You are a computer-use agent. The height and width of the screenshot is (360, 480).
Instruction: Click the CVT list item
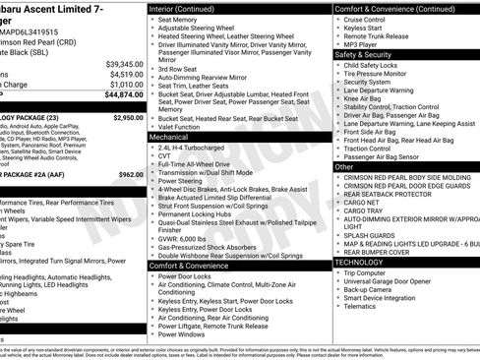pos(164,155)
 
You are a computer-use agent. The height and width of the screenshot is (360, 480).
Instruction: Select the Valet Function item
pos(185,127)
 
